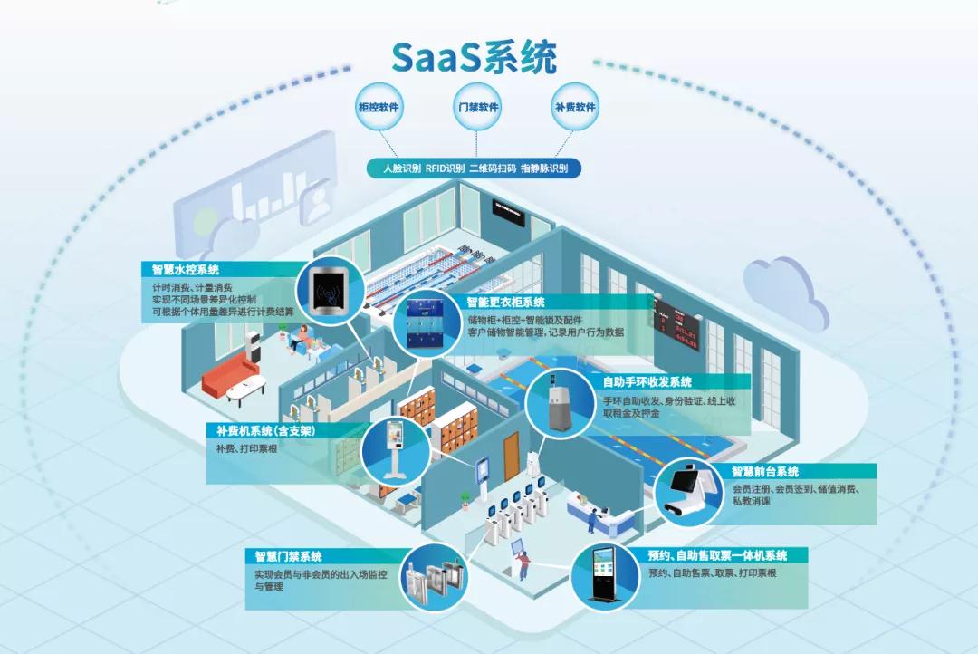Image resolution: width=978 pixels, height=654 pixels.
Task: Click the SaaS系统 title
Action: point(474,57)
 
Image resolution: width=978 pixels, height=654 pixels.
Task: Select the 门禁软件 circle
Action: point(476,107)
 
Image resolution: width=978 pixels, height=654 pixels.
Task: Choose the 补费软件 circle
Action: point(574,107)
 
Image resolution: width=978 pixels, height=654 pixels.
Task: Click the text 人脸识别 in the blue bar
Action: point(401,168)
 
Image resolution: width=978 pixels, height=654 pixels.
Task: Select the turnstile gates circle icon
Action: point(430,575)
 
